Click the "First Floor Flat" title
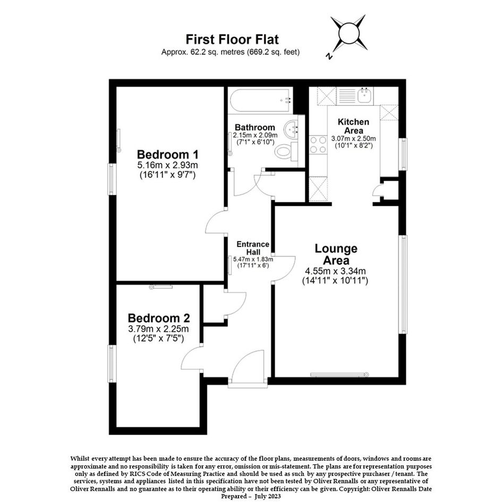pos(232,39)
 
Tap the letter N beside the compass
pos(328,56)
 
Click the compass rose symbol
pos(348,33)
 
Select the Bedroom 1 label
pos(168,154)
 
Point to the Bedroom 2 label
pos(159,318)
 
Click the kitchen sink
pos(364,95)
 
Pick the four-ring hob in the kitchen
pos(318,144)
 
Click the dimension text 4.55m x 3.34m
pos(335,271)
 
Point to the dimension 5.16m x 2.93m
pos(167,165)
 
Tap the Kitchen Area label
pos(353,126)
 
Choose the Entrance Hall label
pos(253,248)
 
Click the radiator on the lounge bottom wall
pos(339,375)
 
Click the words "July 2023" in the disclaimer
pos(268,496)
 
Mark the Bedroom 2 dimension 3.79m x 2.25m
pos(158,329)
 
